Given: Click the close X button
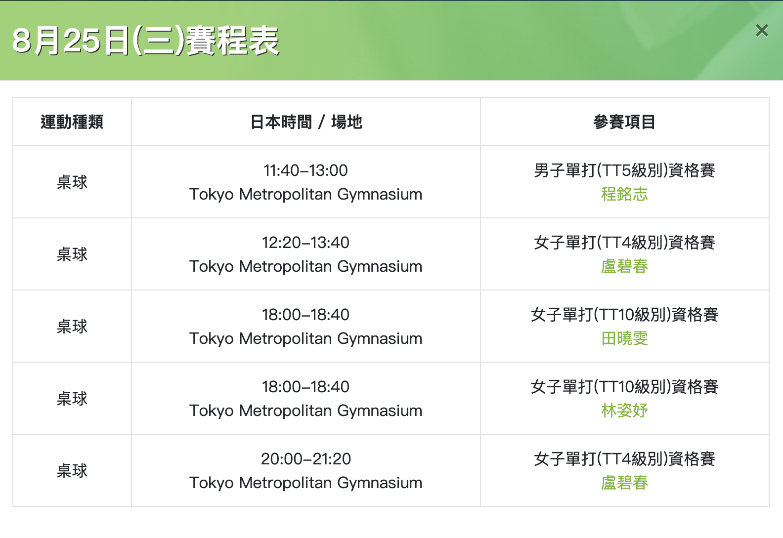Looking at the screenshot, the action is click(x=762, y=31).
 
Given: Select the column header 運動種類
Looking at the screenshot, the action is click(x=72, y=122).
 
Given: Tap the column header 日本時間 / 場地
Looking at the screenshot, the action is click(x=306, y=122).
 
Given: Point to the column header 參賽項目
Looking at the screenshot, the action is click(x=624, y=122).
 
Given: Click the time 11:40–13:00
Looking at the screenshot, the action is click(x=306, y=170).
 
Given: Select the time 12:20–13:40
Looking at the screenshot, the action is click(x=306, y=243).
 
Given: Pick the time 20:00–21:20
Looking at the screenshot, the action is click(x=306, y=458).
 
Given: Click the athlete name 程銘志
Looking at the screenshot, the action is click(x=624, y=194).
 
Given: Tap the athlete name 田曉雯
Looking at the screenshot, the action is click(x=624, y=338).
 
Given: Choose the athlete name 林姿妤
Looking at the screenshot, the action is click(x=624, y=411).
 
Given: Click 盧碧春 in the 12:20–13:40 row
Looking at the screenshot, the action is click(x=624, y=266).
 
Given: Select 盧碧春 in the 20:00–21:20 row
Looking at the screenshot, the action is click(x=624, y=483).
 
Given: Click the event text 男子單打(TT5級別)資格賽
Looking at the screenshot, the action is click(x=624, y=170).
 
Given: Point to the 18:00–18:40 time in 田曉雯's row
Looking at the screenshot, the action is click(x=306, y=314).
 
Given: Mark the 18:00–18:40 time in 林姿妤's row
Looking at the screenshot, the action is click(x=306, y=387).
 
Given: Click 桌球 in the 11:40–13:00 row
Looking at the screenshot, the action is click(x=72, y=182).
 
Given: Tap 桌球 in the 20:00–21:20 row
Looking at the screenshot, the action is click(x=72, y=471).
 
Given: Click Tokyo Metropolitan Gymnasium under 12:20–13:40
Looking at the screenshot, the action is click(x=306, y=266).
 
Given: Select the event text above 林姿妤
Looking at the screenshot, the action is click(x=624, y=387).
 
